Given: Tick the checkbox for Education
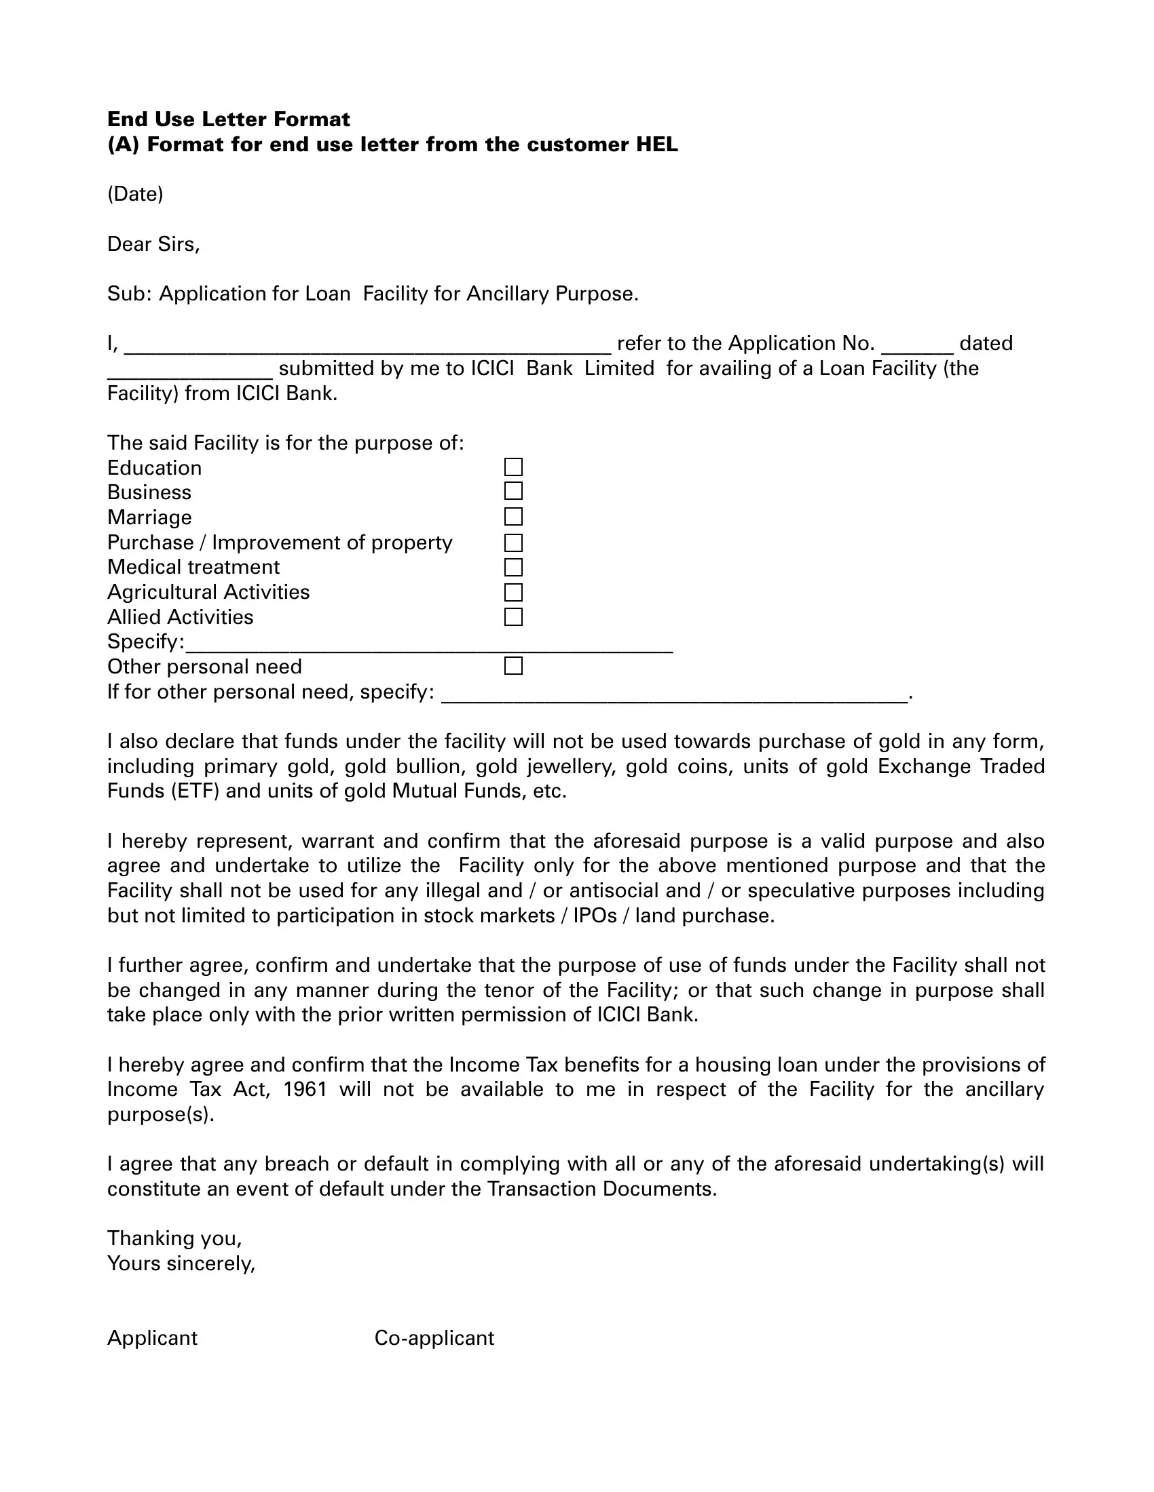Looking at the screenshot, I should point(513,467).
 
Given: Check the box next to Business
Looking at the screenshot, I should point(513,491).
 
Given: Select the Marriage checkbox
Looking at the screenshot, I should point(513,517).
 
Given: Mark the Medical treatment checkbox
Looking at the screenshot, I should point(513,567).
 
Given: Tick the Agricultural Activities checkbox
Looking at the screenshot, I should point(513,591).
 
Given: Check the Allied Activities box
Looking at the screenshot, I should point(513,617).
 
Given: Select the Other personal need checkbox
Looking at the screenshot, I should point(513,666).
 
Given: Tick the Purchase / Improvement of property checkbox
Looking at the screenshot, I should point(513,543).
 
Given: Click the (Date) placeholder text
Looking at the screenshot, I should point(135,194).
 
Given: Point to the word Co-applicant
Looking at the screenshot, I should point(434,1337).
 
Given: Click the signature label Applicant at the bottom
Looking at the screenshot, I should point(153,1337).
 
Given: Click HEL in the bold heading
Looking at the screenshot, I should point(657,145).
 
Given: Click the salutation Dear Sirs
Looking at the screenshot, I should point(153,244).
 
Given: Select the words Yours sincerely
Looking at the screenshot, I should point(181,1263).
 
